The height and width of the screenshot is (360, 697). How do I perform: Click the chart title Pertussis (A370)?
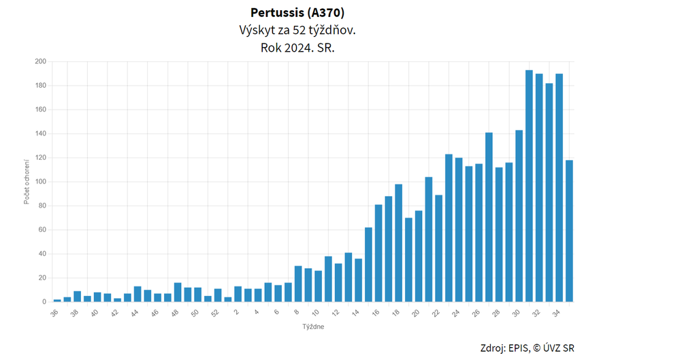pos(297,13)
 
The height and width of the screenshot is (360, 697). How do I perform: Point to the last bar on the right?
pos(569,231)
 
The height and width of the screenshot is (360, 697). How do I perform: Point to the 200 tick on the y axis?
pos(40,62)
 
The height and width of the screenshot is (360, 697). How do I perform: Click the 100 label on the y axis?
pos(40,182)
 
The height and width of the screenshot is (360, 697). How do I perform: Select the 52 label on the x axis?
pos(215,312)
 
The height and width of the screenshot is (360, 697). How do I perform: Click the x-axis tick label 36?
pos(55,312)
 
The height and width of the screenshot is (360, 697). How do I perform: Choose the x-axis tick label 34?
pos(557,312)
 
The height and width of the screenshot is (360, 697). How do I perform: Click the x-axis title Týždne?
pos(313,327)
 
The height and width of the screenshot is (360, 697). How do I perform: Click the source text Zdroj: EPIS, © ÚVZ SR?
pos(527,348)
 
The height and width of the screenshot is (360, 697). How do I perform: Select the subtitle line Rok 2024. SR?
pos(297,48)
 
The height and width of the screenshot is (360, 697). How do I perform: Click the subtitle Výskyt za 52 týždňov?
pos(297,31)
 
